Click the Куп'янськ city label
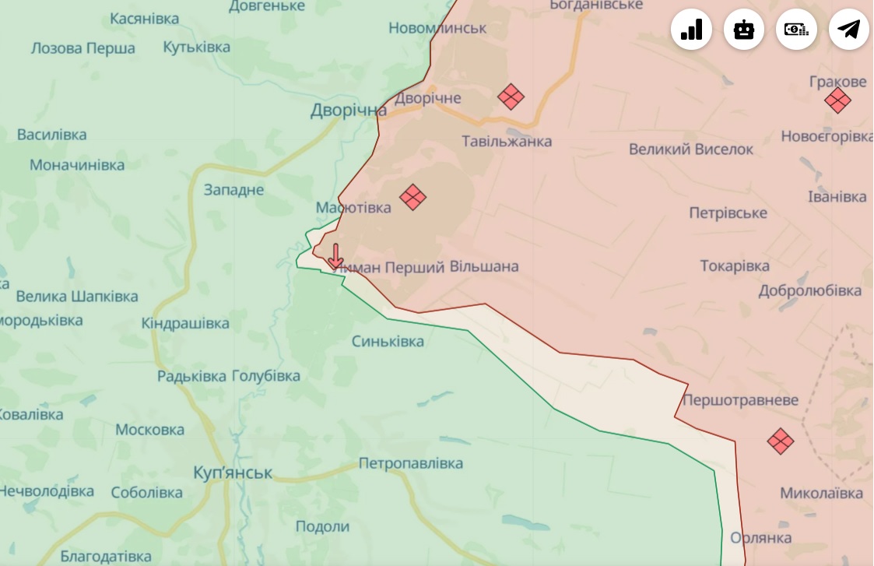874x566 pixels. click(233, 473)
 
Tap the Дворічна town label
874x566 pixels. click(348, 111)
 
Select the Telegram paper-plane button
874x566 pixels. click(848, 30)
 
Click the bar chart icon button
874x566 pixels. click(691, 30)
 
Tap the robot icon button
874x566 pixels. click(744, 30)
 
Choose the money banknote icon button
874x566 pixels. click(796, 30)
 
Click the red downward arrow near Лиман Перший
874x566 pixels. click(335, 256)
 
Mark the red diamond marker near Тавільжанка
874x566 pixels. click(511, 97)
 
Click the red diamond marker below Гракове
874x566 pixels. click(837, 100)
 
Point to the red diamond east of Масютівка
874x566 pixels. click(412, 197)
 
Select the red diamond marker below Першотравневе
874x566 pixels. click(780, 441)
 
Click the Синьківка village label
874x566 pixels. click(388, 342)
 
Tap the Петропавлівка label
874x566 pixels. click(410, 464)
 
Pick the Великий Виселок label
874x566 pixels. click(691, 149)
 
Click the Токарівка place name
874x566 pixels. click(735, 266)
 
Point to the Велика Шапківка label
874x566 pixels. click(77, 297)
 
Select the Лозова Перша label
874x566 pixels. click(82, 48)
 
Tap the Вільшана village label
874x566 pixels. click(484, 267)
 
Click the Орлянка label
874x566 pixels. click(761, 538)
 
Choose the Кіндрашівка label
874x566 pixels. click(185, 323)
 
